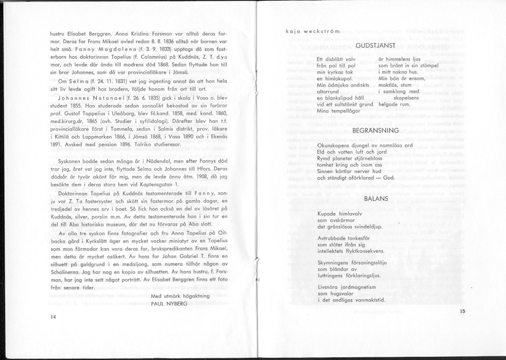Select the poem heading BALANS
coord(375,199)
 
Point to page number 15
coord(461,312)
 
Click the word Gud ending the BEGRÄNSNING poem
coord(388,178)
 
